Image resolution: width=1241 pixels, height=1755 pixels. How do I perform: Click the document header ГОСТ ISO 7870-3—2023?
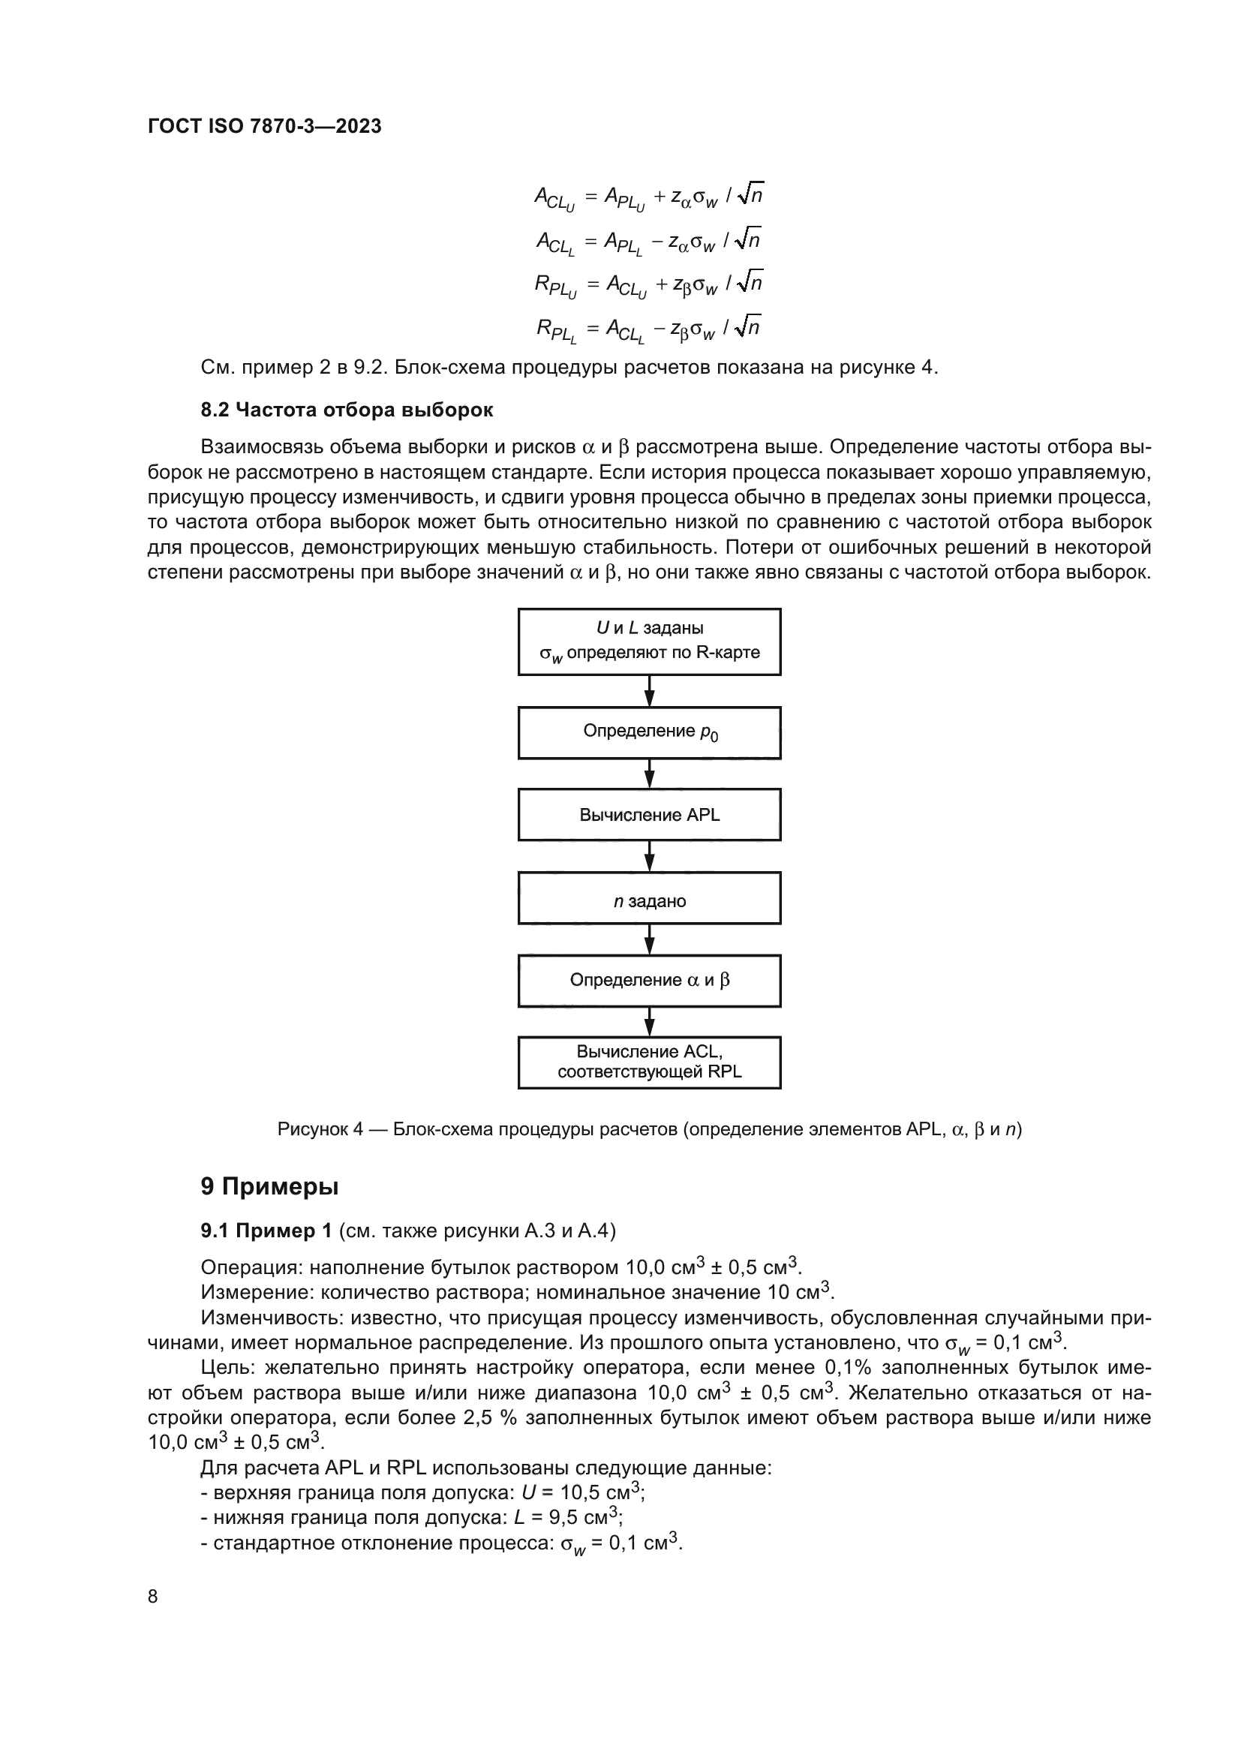click(264, 127)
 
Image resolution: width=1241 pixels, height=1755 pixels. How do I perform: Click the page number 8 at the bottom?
click(153, 1597)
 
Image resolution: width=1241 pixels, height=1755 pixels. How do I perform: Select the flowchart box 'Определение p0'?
click(650, 732)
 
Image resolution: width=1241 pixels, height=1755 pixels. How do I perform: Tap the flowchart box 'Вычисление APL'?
click(650, 815)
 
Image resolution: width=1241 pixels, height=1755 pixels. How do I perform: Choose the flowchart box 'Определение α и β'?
click(650, 981)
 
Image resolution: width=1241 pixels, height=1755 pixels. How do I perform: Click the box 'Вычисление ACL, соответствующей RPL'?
click(650, 1062)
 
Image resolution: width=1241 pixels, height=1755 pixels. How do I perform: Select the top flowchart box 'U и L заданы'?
click(650, 642)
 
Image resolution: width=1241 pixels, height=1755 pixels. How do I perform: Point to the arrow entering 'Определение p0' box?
click(650, 692)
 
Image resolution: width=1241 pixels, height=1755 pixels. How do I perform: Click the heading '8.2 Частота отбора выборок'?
click(347, 410)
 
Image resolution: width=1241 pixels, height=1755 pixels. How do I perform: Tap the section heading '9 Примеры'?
click(270, 1187)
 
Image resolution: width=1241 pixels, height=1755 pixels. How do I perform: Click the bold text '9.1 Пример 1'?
click(266, 1231)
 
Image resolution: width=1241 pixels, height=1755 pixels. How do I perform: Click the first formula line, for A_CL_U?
click(649, 197)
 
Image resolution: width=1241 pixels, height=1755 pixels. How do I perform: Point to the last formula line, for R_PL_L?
click(649, 328)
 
